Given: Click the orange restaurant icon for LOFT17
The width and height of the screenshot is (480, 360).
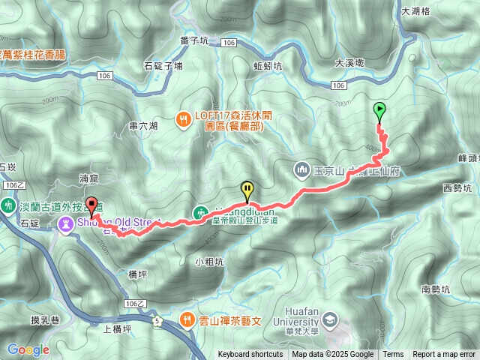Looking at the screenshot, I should coord(182,118).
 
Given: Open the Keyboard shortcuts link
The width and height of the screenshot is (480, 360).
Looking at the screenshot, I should coord(250,355).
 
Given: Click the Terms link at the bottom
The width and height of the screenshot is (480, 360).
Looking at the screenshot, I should coord(393,355).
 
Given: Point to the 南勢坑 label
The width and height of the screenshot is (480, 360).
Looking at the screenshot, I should coord(436,289).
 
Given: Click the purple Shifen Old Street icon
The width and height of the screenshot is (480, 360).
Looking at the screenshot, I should coord(66,223).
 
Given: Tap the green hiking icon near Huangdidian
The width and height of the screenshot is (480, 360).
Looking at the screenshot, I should coord(200,212).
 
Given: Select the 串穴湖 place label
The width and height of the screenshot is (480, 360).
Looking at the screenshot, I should coord(143,126).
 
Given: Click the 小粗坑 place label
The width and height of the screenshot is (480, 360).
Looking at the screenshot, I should coord(209,262).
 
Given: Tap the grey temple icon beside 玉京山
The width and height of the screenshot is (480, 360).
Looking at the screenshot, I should coord(302,169).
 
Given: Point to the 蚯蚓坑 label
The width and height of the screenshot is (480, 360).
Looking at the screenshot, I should coord(268,66).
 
